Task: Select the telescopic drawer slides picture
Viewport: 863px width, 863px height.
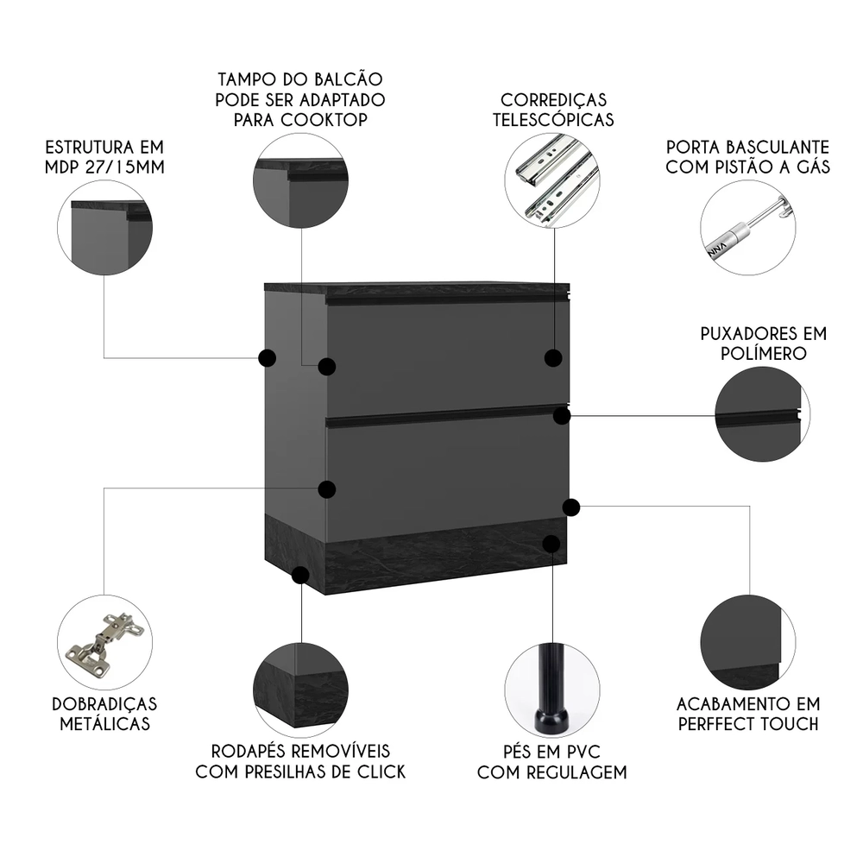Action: (x=552, y=181)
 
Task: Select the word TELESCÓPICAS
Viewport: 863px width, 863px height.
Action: (x=553, y=119)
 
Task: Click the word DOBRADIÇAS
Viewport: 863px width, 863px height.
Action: (x=104, y=703)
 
